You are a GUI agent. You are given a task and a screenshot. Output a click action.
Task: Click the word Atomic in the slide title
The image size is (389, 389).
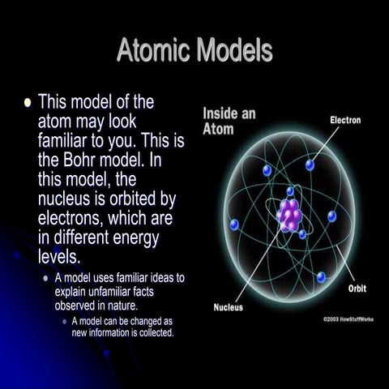[x=152, y=52]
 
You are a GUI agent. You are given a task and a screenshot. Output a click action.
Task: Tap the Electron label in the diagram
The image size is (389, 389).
[x=345, y=120]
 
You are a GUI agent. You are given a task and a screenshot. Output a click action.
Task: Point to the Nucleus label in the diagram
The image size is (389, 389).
[x=229, y=307]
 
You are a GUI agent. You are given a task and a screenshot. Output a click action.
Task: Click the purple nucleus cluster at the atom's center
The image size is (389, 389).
[x=289, y=215]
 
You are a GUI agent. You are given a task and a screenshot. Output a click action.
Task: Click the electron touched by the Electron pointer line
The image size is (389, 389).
[x=310, y=165]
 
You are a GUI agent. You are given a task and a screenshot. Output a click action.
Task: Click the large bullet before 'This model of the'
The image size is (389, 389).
[x=28, y=103]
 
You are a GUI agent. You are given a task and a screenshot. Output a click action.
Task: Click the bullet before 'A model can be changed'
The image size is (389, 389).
[x=64, y=321]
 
